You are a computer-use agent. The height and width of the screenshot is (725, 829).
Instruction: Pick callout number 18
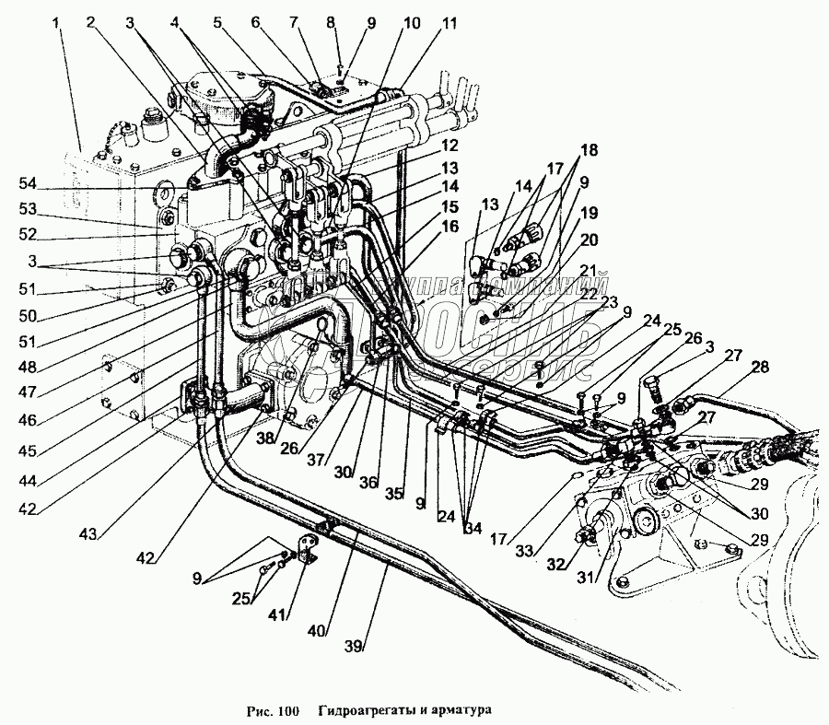pyautogui.click(x=590, y=149)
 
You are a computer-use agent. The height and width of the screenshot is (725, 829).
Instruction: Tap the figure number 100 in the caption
pyautogui.click(x=289, y=711)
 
